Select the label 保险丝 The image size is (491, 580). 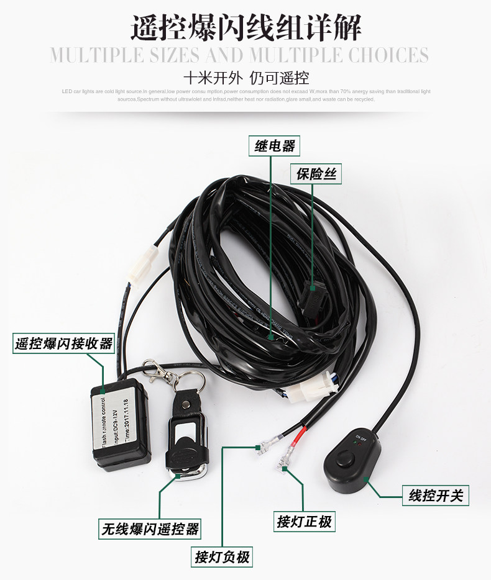click(x=316, y=175)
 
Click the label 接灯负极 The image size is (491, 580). click(x=222, y=557)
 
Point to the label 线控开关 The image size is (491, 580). click(x=435, y=496)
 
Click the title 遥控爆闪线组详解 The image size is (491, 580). click(x=245, y=28)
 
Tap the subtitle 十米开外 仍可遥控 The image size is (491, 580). click(x=246, y=78)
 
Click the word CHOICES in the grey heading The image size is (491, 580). click(x=388, y=55)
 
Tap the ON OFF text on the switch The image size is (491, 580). click(x=360, y=440)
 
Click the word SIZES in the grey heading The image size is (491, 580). click(x=167, y=55)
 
